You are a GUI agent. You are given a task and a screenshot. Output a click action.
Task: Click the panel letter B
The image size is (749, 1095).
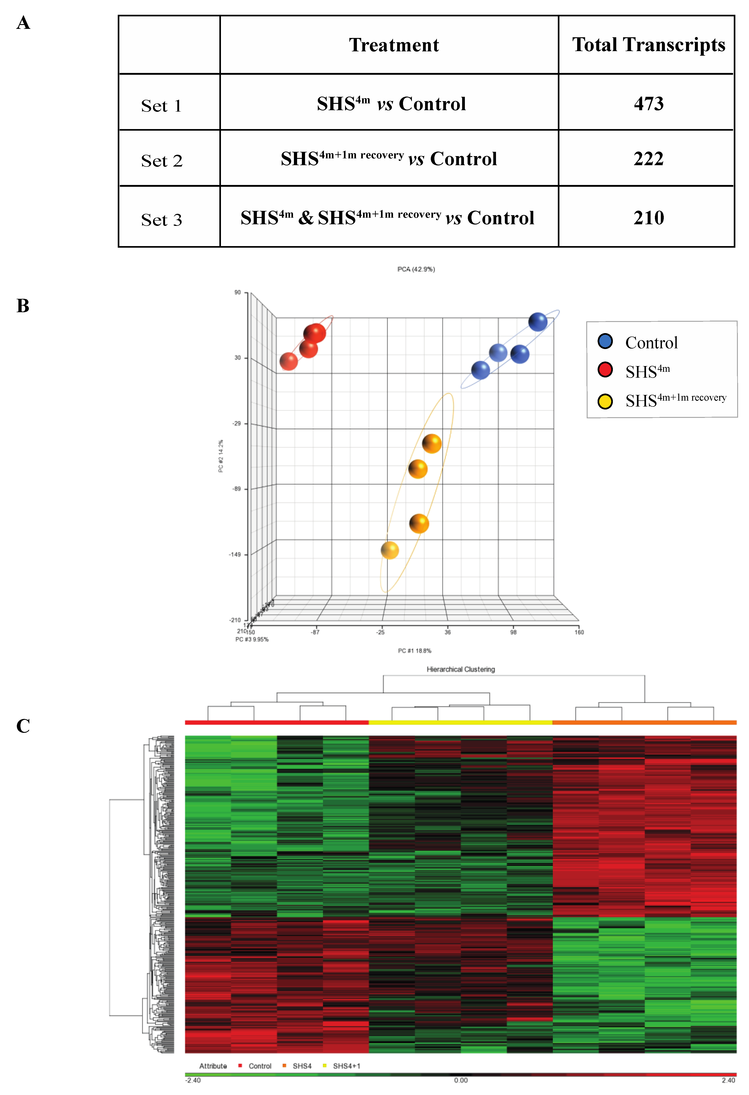[x=23, y=306]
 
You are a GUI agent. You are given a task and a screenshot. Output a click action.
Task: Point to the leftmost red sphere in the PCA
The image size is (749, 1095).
[x=288, y=361]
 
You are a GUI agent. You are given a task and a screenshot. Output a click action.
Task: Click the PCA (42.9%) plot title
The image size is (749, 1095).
[x=416, y=269]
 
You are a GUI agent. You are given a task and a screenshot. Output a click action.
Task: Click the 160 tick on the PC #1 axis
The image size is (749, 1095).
[x=579, y=632]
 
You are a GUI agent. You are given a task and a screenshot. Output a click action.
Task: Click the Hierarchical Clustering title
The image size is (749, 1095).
[x=461, y=669]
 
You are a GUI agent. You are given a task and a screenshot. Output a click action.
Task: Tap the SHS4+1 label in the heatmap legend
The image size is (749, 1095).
[x=346, y=1066]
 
